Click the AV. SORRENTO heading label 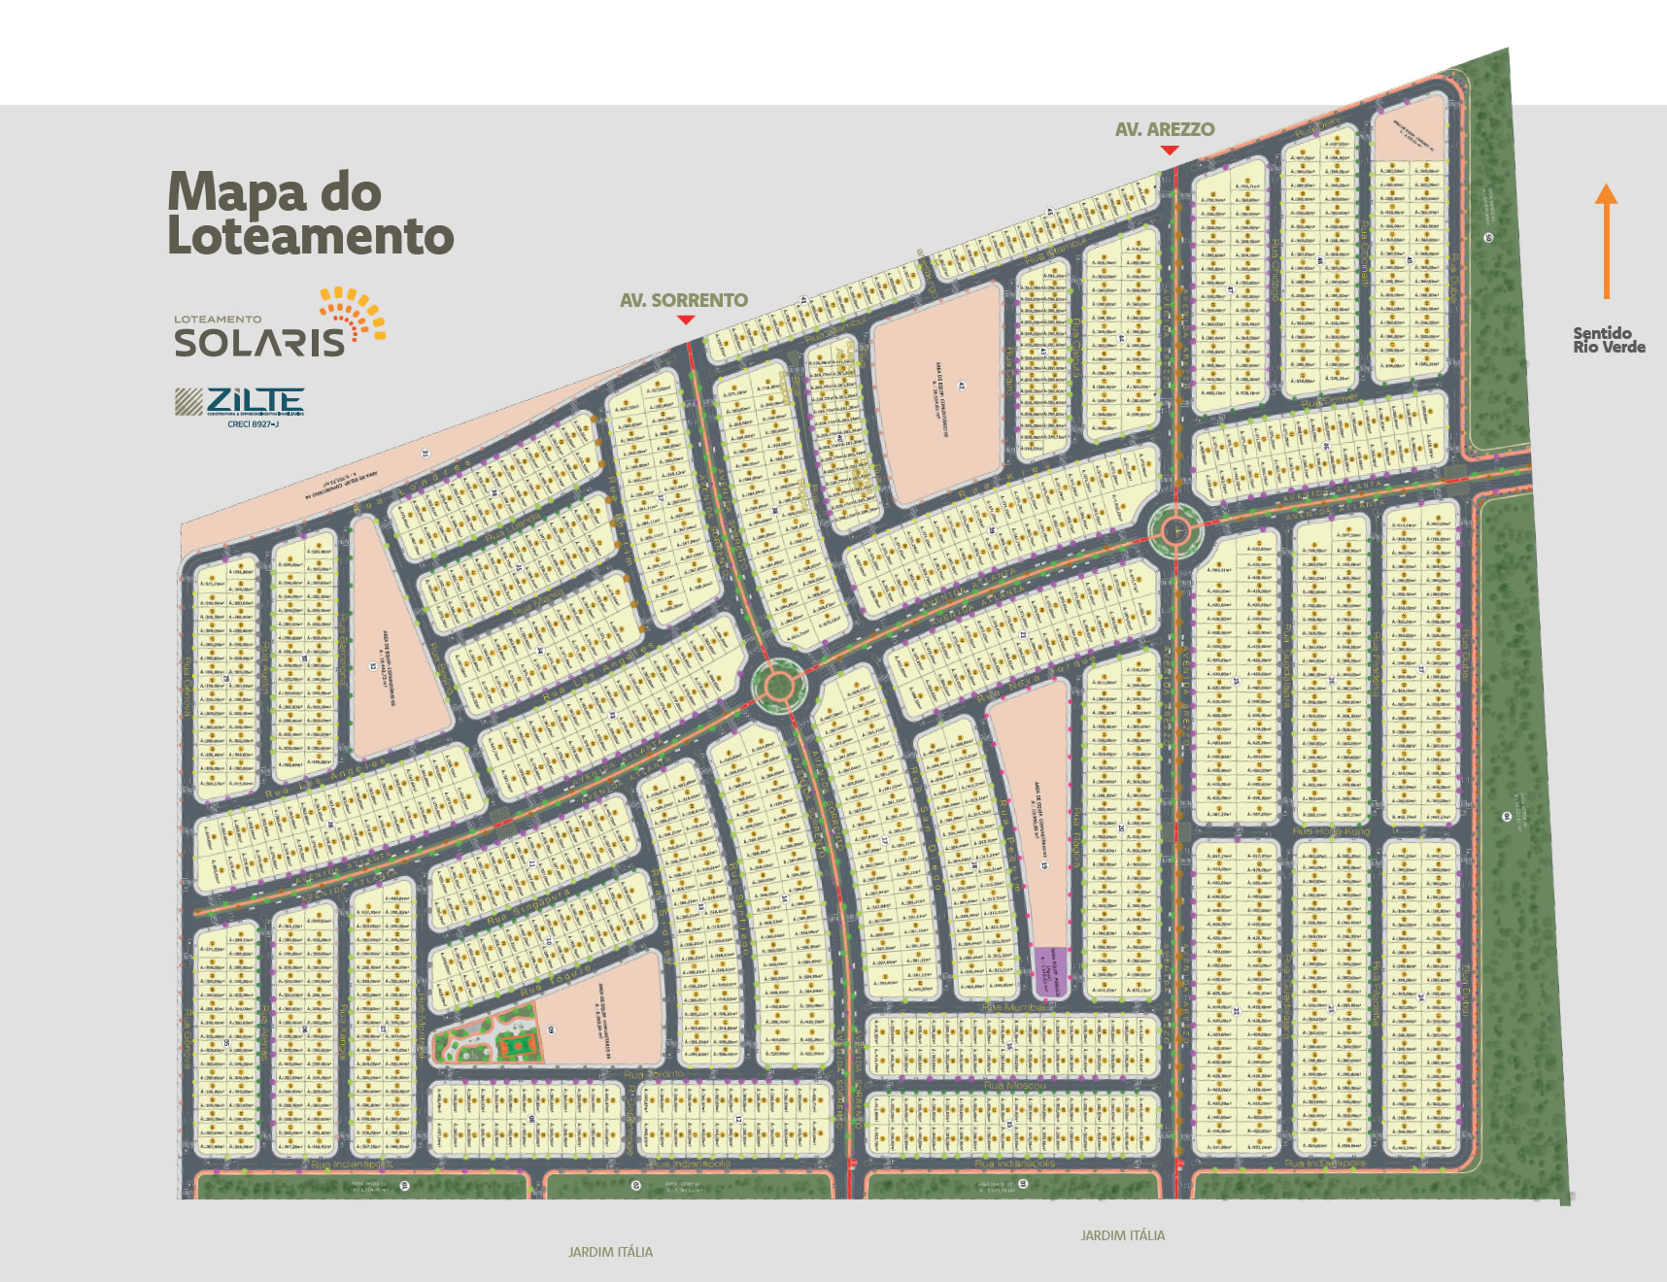684,301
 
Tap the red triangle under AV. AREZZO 1170,150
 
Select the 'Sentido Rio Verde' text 1609,340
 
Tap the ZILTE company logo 239,401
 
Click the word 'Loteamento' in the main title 311,237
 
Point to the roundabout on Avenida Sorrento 778,686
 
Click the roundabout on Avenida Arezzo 1175,530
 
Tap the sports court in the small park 517,1045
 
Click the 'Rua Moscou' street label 1014,1085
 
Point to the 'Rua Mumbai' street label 1014,1008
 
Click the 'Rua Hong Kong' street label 1331,831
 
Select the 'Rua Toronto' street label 654,1075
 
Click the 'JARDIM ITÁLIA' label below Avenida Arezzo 1122,1235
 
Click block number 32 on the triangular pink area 372,666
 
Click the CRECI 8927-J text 254,424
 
